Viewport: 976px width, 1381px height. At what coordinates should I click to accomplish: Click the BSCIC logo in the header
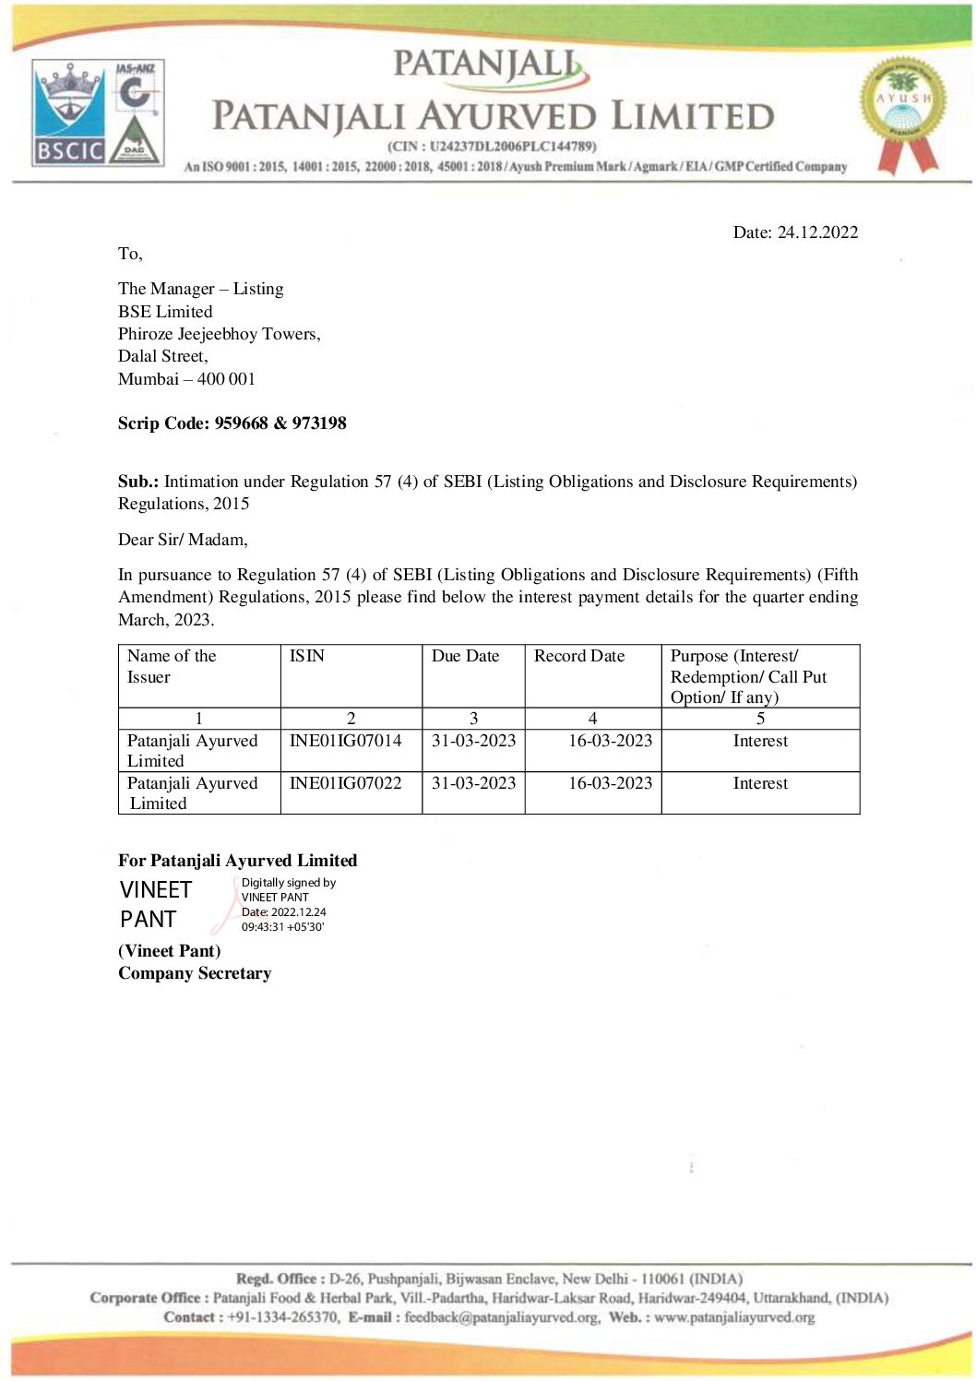[x=70, y=113]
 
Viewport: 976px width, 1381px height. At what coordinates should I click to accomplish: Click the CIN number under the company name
[x=492, y=146]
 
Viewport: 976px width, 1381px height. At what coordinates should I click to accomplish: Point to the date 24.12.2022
[x=817, y=232]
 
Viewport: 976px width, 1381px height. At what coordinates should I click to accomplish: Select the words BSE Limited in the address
[x=165, y=312]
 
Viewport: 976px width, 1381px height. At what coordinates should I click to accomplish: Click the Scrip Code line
[x=232, y=423]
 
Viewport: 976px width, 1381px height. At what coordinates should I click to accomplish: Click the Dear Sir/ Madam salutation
[x=183, y=540]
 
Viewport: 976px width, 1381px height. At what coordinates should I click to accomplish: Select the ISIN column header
[x=307, y=656]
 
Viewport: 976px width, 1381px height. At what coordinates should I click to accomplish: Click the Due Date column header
[x=465, y=656]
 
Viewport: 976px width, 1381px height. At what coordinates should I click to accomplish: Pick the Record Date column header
[x=579, y=656]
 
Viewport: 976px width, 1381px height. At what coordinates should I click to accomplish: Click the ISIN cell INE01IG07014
[x=346, y=741]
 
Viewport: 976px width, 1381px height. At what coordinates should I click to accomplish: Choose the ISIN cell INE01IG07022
[x=346, y=783]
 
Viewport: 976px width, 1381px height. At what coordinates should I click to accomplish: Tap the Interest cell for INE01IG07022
[x=760, y=783]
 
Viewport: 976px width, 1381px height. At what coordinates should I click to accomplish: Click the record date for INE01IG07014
[x=610, y=741]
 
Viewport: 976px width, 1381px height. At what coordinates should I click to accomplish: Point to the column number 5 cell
[x=760, y=719]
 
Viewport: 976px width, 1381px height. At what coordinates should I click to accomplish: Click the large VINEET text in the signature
[x=156, y=890]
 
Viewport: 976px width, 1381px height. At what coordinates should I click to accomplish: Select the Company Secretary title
[x=195, y=973]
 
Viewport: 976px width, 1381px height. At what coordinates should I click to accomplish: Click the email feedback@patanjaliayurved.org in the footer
[x=502, y=1317]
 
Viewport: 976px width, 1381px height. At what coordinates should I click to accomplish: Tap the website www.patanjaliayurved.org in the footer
[x=734, y=1317]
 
